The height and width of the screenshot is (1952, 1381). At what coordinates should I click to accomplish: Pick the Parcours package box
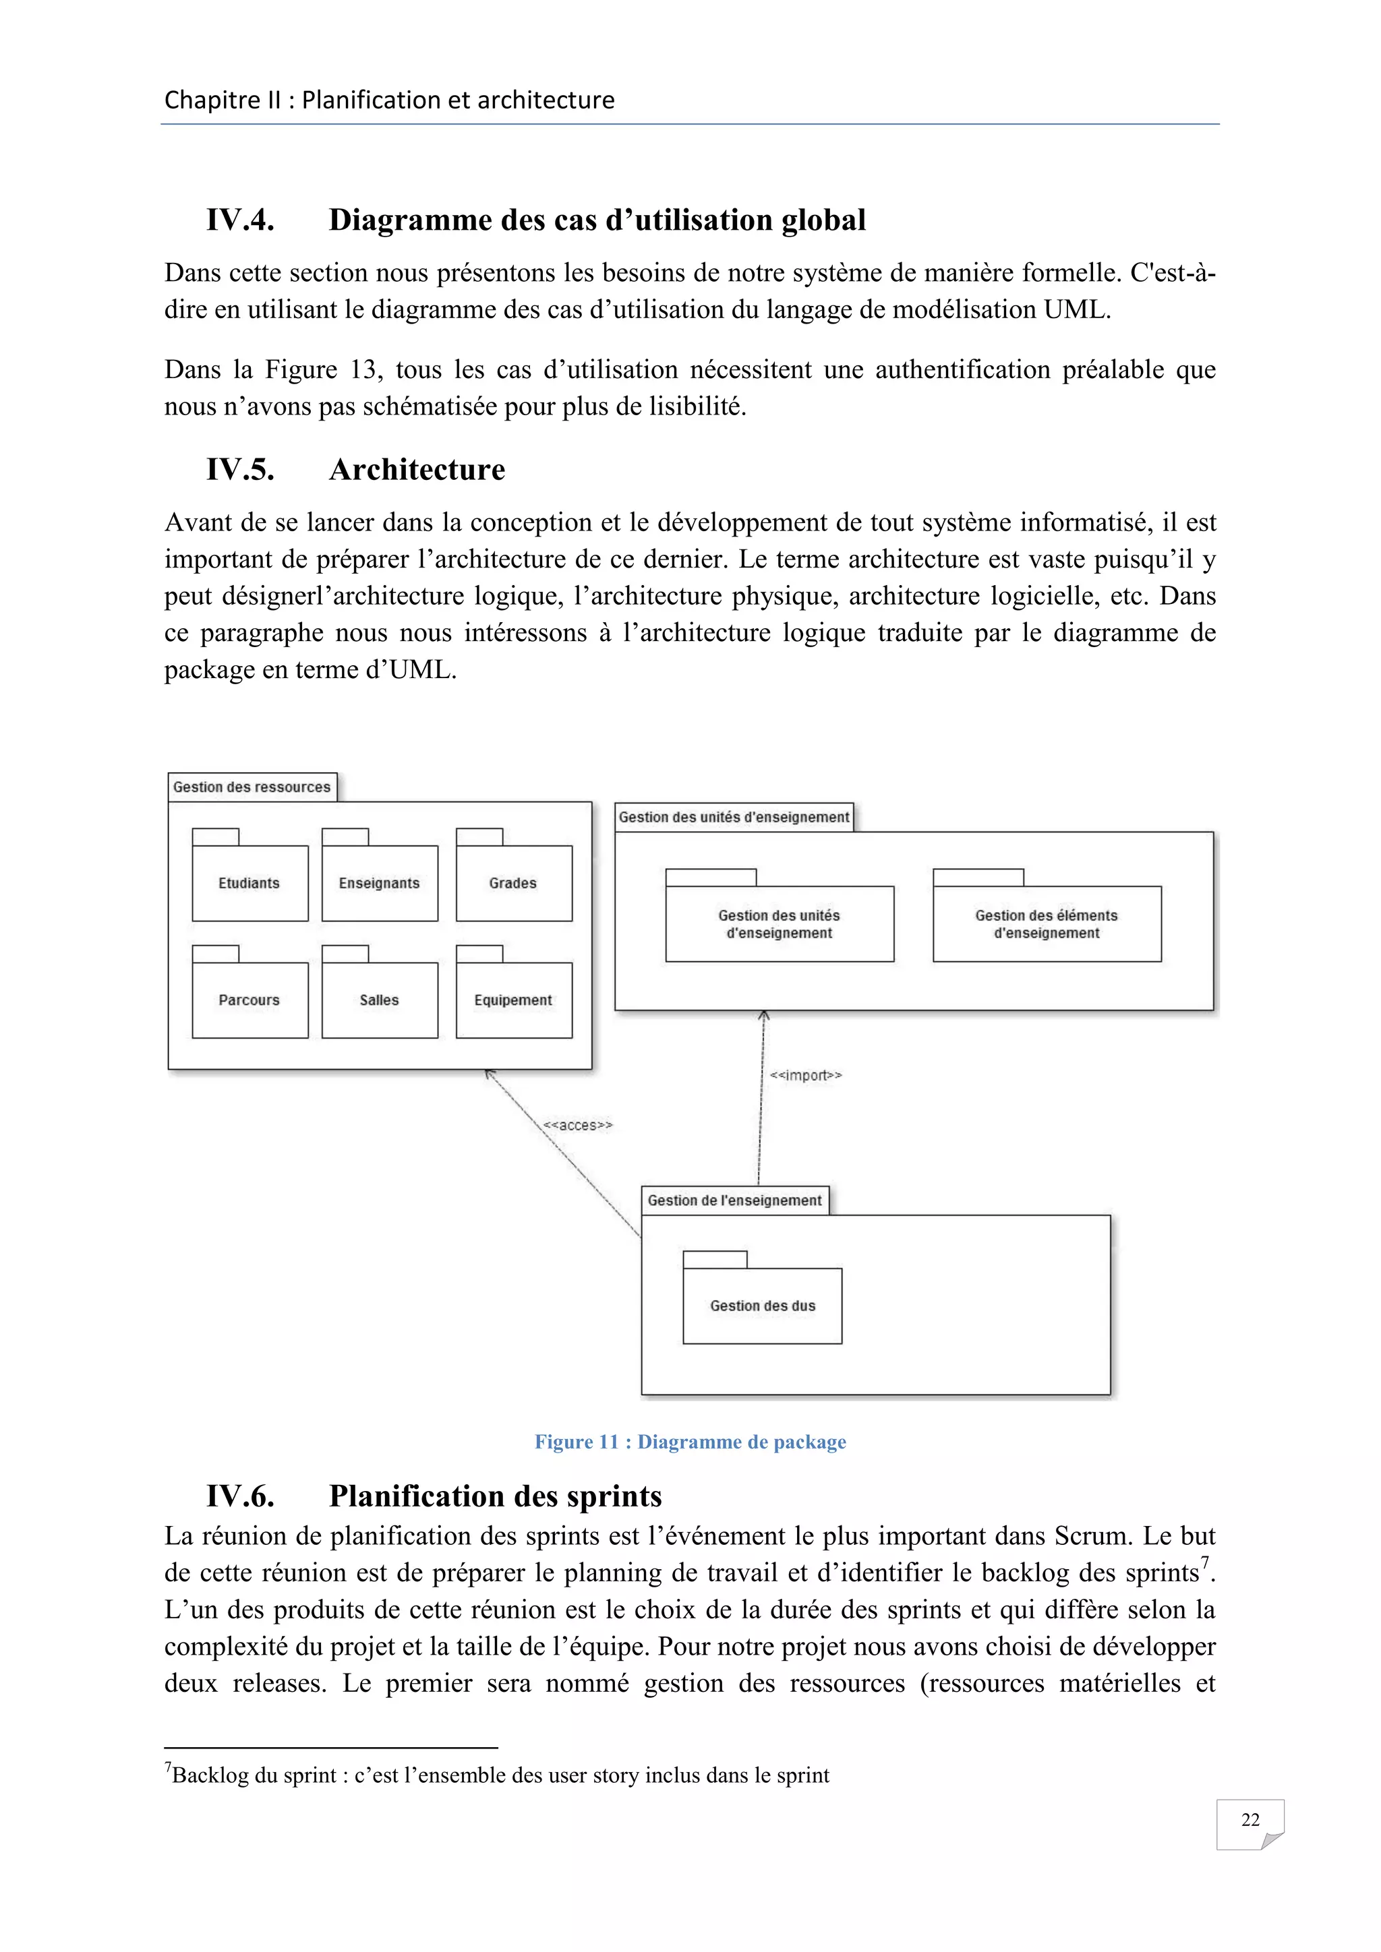pyautogui.click(x=249, y=1000)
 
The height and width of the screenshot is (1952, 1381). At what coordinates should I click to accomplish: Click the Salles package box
pyautogui.click(x=379, y=1000)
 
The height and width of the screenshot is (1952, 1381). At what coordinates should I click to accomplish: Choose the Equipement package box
pyautogui.click(x=514, y=1000)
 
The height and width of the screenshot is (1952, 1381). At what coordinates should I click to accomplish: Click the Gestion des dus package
pyautogui.click(x=762, y=1305)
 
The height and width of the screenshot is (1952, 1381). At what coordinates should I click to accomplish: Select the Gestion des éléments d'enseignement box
pyautogui.click(x=1046, y=923)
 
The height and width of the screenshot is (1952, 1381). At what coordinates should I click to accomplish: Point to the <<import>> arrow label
pyautogui.click(x=805, y=1076)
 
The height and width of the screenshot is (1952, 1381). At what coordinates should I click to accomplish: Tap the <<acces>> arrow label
pyautogui.click(x=577, y=1126)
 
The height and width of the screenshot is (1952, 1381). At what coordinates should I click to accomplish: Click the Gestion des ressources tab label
pyautogui.click(x=252, y=787)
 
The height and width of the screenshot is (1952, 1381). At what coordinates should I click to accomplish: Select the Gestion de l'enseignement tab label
pyautogui.click(x=735, y=1200)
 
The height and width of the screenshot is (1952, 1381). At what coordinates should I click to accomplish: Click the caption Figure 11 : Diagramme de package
pyautogui.click(x=690, y=1442)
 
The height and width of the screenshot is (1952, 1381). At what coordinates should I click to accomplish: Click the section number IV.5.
pyautogui.click(x=240, y=469)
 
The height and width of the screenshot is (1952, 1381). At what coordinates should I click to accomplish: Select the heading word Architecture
pyautogui.click(x=417, y=469)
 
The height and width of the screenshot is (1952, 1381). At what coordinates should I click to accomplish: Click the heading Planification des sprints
pyautogui.click(x=495, y=1496)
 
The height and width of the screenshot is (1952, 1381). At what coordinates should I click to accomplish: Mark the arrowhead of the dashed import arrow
pyautogui.click(x=763, y=1015)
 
